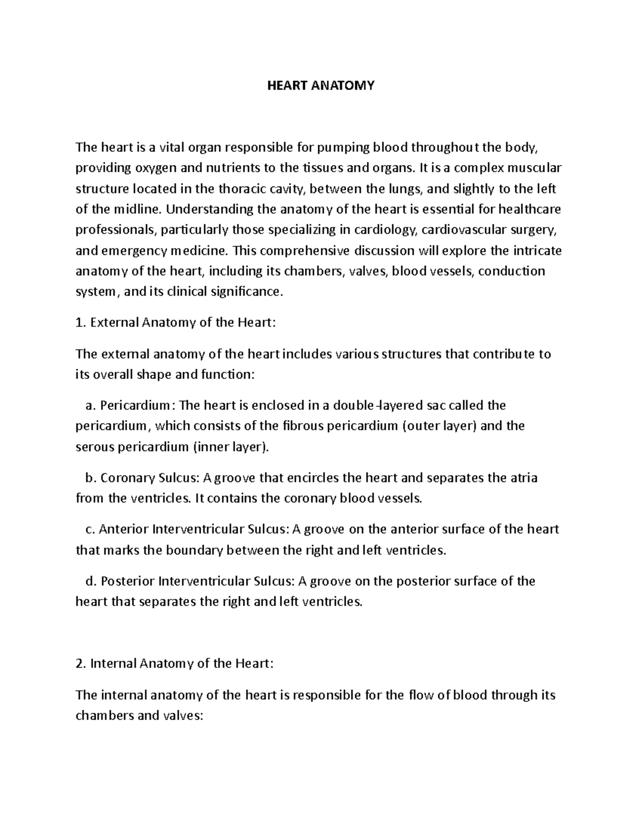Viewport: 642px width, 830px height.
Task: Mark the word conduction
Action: [511, 271]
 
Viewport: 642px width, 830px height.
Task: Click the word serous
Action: [93, 447]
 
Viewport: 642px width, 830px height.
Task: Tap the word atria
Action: [523, 478]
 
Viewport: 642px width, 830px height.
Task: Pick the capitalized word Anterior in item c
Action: [124, 530]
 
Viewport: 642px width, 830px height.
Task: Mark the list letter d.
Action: [89, 581]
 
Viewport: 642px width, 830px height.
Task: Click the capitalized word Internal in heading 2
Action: [113, 664]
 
